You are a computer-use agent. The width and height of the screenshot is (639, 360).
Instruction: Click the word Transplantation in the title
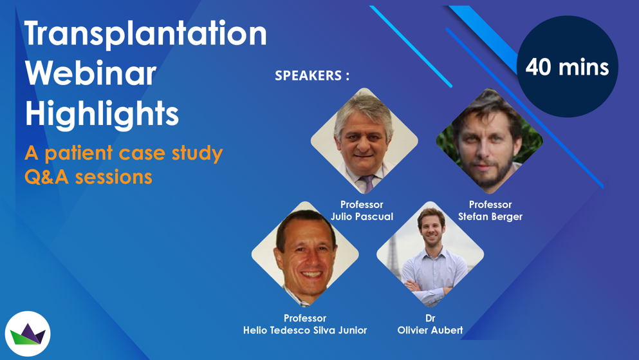click(145, 33)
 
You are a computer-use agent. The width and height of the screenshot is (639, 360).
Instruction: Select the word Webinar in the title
click(91, 73)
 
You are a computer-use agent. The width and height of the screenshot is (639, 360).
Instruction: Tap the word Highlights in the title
click(102, 114)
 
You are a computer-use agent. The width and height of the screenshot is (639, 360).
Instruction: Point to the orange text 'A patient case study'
click(124, 154)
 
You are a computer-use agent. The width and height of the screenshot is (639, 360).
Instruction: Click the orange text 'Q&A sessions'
click(88, 177)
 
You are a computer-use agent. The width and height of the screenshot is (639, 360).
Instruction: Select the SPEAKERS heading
click(312, 75)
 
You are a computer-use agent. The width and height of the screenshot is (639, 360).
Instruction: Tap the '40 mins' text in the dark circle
click(567, 67)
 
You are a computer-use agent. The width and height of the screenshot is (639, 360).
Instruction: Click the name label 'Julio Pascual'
click(362, 216)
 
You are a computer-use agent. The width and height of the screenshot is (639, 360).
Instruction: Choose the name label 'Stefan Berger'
click(490, 216)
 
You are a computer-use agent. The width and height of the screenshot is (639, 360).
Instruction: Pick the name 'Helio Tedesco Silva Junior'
click(305, 330)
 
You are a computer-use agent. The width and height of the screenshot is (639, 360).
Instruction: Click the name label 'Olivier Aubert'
click(430, 330)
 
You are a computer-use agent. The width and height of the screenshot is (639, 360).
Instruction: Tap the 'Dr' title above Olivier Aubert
click(430, 318)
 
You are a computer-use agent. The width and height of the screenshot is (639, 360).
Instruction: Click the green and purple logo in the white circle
click(28, 334)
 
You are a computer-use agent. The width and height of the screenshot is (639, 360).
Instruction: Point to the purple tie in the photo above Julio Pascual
click(367, 184)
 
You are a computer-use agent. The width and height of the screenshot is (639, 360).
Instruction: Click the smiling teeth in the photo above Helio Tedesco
click(311, 274)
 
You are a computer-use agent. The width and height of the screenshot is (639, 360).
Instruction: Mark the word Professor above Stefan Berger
click(490, 205)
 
